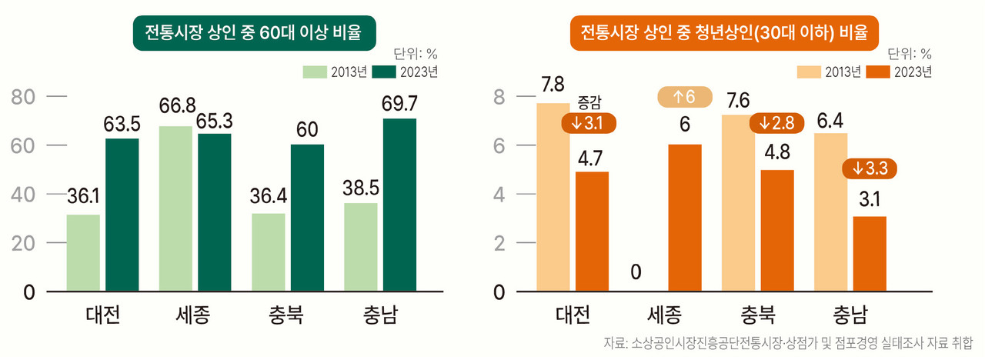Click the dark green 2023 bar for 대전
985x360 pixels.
tap(122, 215)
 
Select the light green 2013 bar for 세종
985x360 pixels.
tap(176, 208)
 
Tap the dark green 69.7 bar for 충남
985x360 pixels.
tap(399, 205)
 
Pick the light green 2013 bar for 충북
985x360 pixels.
tap(268, 252)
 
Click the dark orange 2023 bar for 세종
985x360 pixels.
tap(684, 218)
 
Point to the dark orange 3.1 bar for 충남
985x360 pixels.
tap(870, 254)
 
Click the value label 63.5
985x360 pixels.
tap(122, 124)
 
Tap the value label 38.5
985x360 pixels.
tap(361, 186)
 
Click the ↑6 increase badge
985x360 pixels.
tap(685, 98)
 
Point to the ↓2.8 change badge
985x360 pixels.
tap(777, 122)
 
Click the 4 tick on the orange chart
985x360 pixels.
tap(499, 195)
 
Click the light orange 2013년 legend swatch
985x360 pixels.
tap(810, 72)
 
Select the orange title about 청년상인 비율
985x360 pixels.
tap(723, 33)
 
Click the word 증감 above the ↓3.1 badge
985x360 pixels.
tap(589, 102)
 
